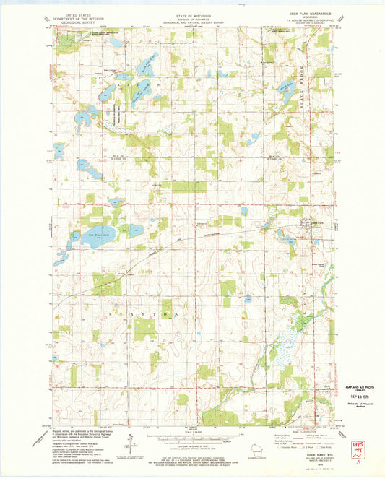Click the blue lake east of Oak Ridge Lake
(x=134, y=232)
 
